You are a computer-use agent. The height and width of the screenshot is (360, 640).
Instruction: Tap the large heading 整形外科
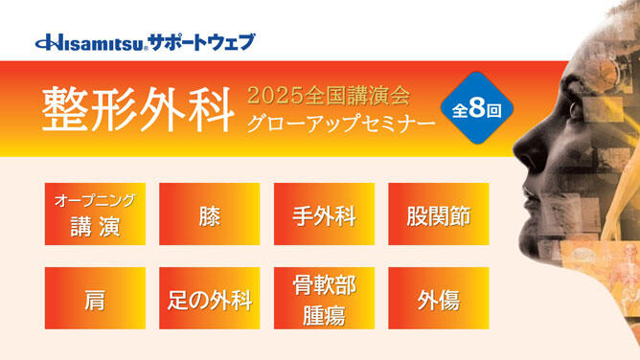(x=137, y=110)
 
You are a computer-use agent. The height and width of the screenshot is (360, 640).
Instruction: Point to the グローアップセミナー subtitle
(x=328, y=124)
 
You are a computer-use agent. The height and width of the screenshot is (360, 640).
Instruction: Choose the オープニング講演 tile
(x=95, y=214)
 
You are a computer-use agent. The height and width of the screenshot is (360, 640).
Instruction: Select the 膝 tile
(x=210, y=214)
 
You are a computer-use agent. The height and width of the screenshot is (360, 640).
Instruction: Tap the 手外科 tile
(x=324, y=214)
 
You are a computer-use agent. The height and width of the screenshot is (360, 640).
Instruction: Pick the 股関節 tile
(x=438, y=214)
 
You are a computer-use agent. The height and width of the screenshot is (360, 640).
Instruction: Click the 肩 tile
(x=95, y=298)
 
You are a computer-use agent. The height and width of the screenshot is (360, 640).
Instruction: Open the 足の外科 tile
(x=210, y=298)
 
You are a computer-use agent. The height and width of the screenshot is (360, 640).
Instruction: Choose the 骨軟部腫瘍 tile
(x=324, y=298)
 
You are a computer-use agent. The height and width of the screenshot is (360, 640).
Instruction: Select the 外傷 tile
(x=438, y=298)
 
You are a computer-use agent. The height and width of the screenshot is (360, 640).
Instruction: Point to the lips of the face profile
(x=540, y=197)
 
